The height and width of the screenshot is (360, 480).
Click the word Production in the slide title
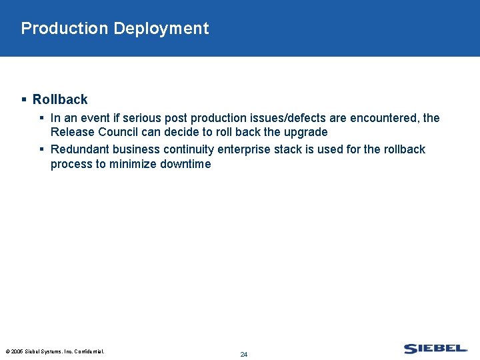tap(64, 29)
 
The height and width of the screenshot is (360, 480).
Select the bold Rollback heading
tap(60, 99)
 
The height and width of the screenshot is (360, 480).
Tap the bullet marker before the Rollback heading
tap(24, 99)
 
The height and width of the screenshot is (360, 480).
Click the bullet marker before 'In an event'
tap(42, 118)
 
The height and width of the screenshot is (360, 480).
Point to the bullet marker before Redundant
tap(42, 149)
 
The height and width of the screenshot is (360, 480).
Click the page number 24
tap(243, 354)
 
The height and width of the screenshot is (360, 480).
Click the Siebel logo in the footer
tap(435, 349)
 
